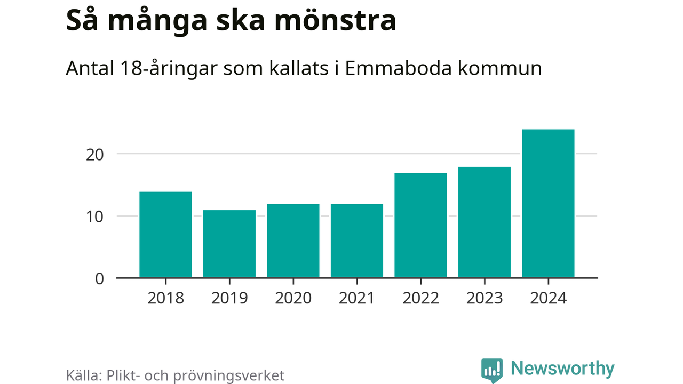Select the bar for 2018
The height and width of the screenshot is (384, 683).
pyautogui.click(x=165, y=235)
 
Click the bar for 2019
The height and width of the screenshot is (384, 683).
pyautogui.click(x=229, y=244)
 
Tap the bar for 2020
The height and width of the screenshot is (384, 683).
pyautogui.click(x=293, y=241)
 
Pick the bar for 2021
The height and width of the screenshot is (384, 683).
pyautogui.click(x=357, y=241)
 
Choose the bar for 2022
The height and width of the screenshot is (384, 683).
pyautogui.click(x=420, y=225)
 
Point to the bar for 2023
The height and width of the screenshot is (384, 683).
pyautogui.click(x=485, y=222)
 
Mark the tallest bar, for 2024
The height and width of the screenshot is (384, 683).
pyautogui.click(x=548, y=203)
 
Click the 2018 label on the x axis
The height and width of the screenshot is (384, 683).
pyautogui.click(x=165, y=298)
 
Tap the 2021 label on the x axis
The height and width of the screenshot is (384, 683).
pyautogui.click(x=357, y=298)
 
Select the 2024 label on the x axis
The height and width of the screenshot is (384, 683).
pyautogui.click(x=548, y=298)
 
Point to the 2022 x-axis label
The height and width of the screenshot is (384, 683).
pyautogui.click(x=420, y=298)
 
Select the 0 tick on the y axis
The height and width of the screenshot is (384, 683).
pyautogui.click(x=99, y=278)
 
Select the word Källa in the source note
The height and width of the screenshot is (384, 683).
pyautogui.click(x=84, y=375)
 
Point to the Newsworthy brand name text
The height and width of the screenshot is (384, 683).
pyautogui.click(x=562, y=369)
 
